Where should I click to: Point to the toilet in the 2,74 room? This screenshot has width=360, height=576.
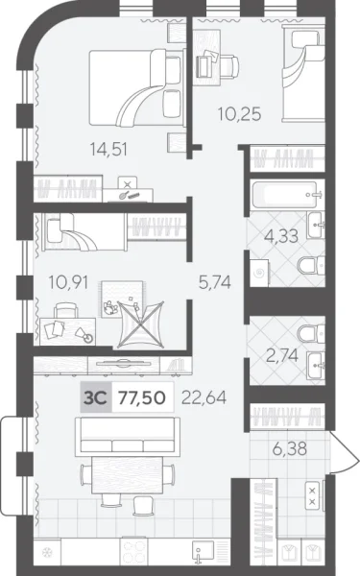(x=308, y=334)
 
